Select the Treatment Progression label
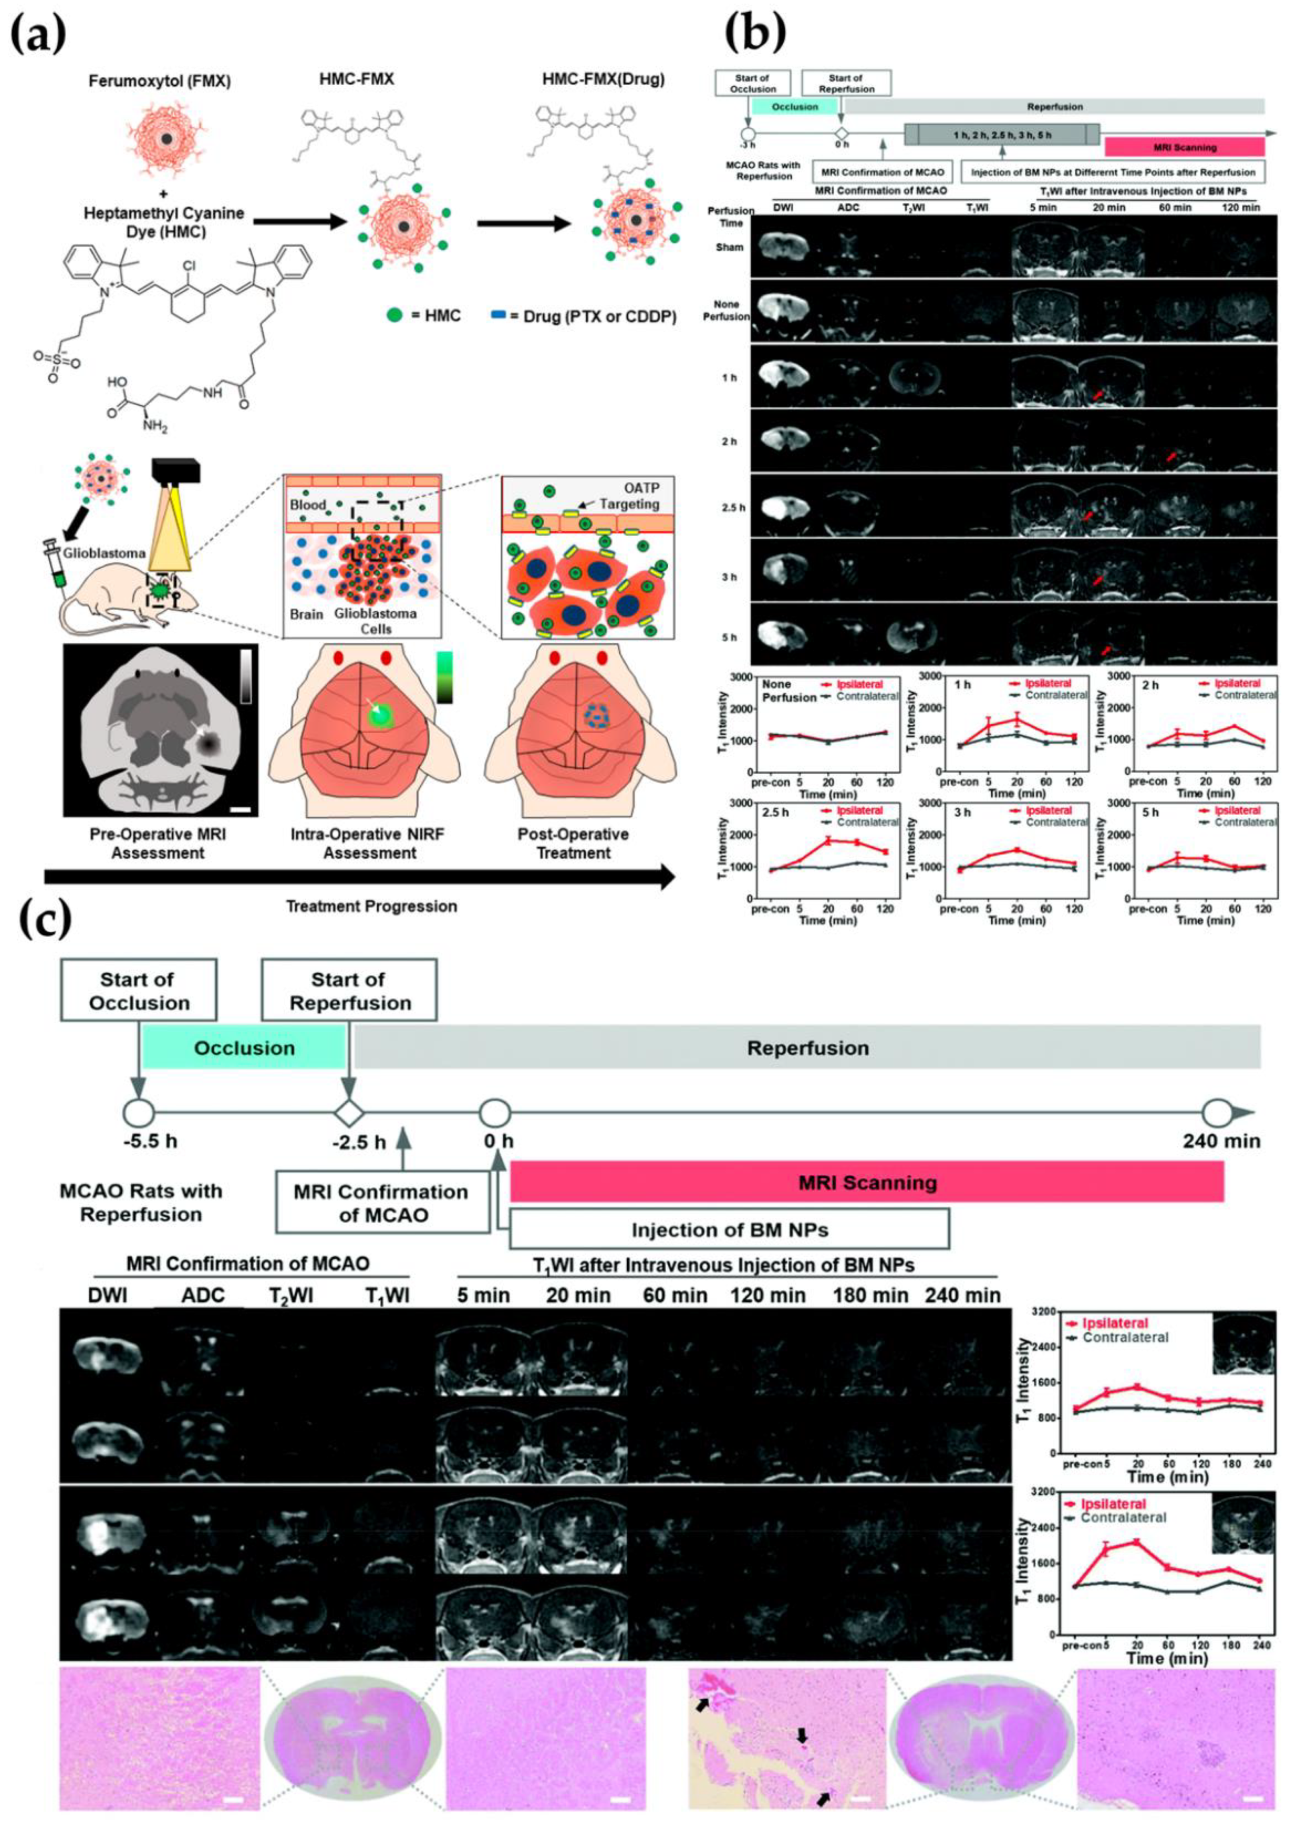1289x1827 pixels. click(372, 905)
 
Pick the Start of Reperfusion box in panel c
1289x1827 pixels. click(349, 991)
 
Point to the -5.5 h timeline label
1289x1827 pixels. click(151, 1141)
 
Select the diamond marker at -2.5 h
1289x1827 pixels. click(348, 1112)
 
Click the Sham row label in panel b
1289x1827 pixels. click(729, 248)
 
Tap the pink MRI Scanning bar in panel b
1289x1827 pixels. click(1184, 147)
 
